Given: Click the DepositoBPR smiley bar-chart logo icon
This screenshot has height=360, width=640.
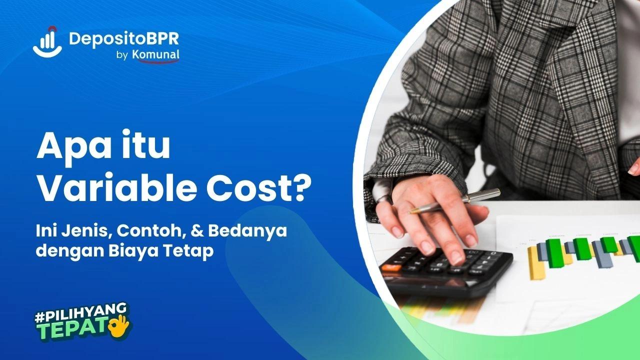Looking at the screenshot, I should (47, 41).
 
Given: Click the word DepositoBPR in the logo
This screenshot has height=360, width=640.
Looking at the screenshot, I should (123, 38).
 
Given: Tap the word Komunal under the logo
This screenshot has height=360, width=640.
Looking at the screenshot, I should (155, 55).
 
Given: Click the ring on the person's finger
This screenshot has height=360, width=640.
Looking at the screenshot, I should (383, 198).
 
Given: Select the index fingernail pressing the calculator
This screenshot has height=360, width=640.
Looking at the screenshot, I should (456, 257).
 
